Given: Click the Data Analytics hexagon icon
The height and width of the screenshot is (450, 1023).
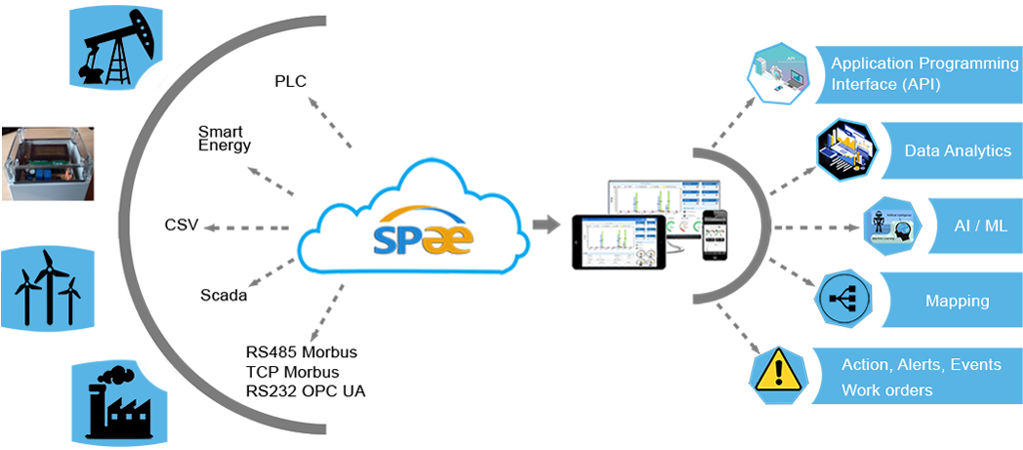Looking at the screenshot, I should click(x=848, y=150).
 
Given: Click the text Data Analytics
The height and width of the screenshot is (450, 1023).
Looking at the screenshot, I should click(x=957, y=151).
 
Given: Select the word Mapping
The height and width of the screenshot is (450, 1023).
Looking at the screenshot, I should click(x=956, y=300).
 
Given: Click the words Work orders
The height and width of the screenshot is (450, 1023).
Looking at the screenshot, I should click(x=887, y=390).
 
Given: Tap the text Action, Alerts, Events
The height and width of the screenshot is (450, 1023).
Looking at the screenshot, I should click(x=920, y=365).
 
